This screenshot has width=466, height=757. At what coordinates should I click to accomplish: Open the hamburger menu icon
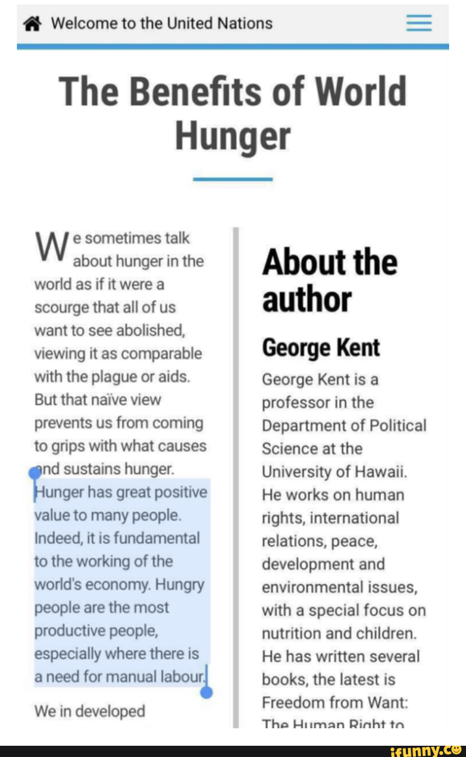click(419, 24)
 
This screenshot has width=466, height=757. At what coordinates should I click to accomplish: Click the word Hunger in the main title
click(232, 136)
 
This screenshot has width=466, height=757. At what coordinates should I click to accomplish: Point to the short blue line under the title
click(232, 179)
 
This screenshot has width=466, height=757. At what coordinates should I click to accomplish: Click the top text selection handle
click(35, 473)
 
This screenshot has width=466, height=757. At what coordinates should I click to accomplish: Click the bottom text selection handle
click(207, 692)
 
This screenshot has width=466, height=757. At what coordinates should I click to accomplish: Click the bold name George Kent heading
click(321, 348)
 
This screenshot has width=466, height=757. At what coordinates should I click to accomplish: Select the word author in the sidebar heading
click(307, 299)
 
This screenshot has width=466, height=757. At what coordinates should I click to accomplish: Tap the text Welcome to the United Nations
click(162, 24)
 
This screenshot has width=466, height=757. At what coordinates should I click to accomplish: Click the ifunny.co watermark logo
click(425, 750)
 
